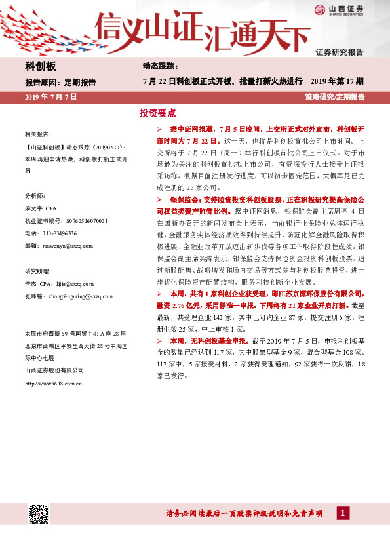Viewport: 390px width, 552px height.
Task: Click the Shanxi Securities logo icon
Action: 319,9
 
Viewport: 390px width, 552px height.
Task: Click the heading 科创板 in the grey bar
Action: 41,67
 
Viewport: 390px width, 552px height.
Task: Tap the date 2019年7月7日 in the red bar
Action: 50,97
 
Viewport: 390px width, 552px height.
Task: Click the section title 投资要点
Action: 157,113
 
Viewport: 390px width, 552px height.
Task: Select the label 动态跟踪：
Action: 160,67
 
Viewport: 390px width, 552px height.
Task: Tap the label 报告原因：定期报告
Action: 60,83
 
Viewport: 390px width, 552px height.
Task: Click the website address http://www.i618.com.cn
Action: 52,384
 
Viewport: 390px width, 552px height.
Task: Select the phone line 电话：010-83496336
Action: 50,233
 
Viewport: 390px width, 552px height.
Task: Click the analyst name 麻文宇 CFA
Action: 41,208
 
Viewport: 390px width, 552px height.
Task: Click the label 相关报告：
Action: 37,134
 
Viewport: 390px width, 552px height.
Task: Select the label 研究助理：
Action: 37,271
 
